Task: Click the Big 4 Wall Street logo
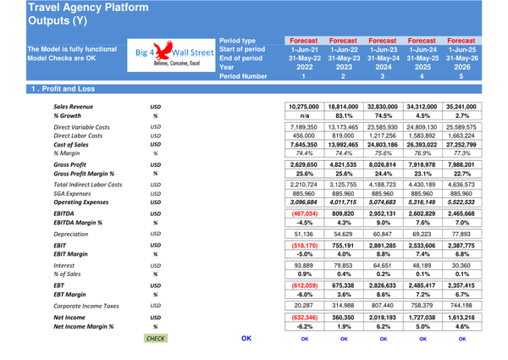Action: click(x=170, y=56)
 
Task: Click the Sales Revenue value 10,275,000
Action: click(x=303, y=107)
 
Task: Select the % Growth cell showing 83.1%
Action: click(x=344, y=116)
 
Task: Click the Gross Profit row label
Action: click(x=70, y=165)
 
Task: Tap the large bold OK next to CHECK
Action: click(x=246, y=338)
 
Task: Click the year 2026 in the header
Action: click(x=461, y=67)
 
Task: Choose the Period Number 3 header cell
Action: click(x=383, y=77)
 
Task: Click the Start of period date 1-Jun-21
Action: click(x=303, y=48)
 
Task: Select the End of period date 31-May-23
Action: click(x=344, y=58)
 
